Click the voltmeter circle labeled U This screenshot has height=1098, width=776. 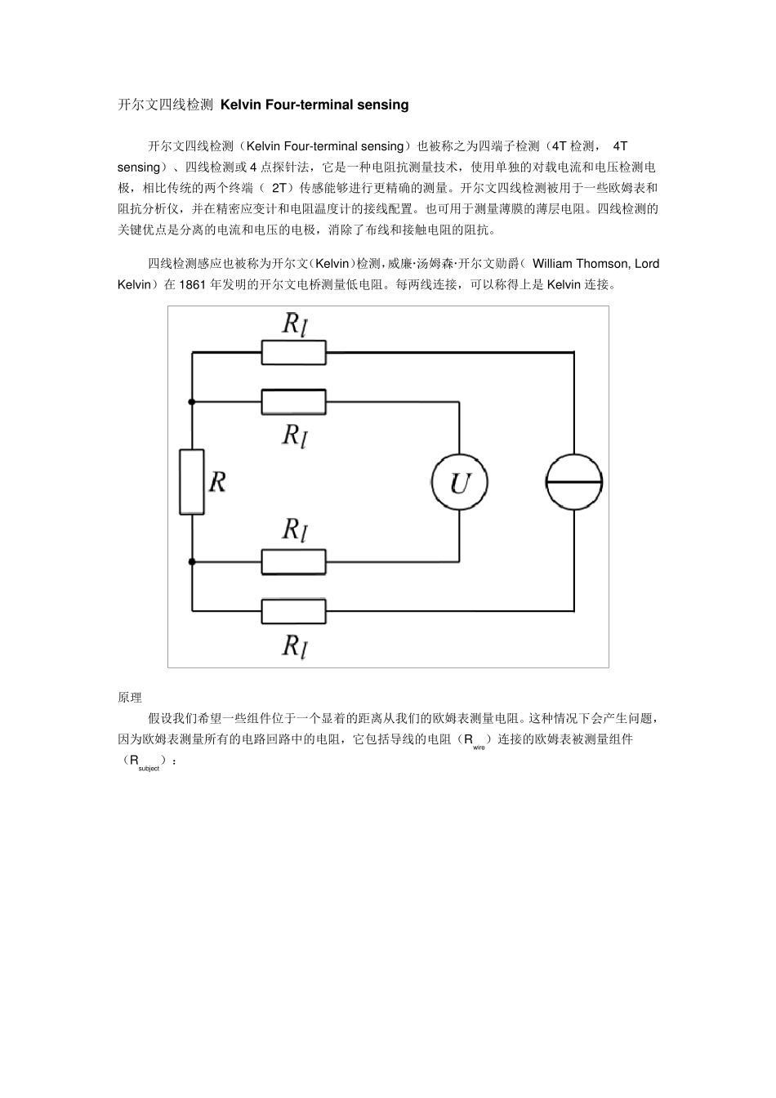pyautogui.click(x=459, y=482)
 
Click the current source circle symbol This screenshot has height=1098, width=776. pyautogui.click(x=574, y=482)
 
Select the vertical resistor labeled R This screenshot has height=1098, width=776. pyautogui.click(x=192, y=481)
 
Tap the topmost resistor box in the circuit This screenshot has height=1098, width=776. pyautogui.click(x=293, y=352)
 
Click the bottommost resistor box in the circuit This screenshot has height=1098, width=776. pyautogui.click(x=293, y=610)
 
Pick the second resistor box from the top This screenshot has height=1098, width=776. pyautogui.click(x=293, y=401)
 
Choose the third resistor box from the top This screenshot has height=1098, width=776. pyautogui.click(x=293, y=561)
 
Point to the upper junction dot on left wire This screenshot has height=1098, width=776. pyautogui.click(x=192, y=401)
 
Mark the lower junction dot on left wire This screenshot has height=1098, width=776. pyautogui.click(x=192, y=561)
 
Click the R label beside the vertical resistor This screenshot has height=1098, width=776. pyautogui.click(x=217, y=482)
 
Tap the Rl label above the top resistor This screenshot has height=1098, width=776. pyautogui.click(x=294, y=324)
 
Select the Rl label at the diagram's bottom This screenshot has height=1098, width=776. pyautogui.click(x=294, y=646)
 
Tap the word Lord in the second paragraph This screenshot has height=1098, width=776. pyautogui.click(x=647, y=264)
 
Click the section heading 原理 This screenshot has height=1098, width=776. pyautogui.click(x=130, y=698)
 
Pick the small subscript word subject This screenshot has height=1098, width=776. pyautogui.click(x=149, y=769)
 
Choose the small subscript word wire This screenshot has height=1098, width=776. pyautogui.click(x=479, y=748)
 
